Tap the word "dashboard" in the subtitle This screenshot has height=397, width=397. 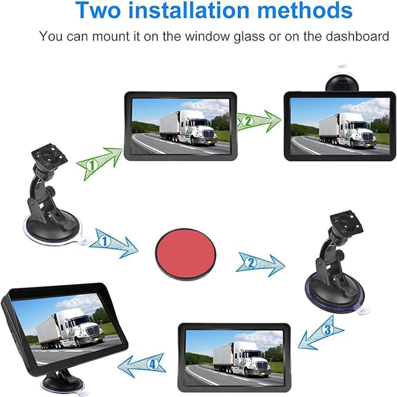[357, 36]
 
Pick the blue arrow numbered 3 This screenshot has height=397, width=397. [321, 332]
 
